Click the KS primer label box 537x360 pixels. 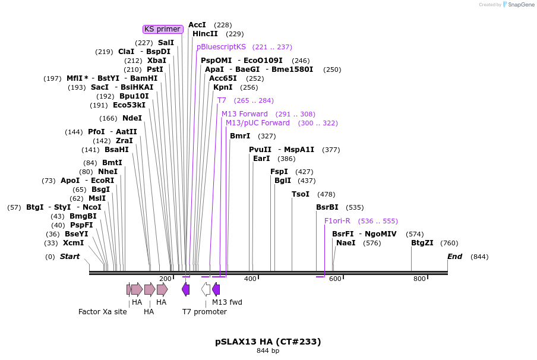pyautogui.click(x=163, y=29)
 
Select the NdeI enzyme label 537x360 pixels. pyautogui.click(x=132, y=118)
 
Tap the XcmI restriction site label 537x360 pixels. pyautogui.click(x=73, y=243)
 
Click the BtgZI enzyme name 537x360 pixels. pyautogui.click(x=422, y=243)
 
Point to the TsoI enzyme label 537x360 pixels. pyautogui.click(x=301, y=194)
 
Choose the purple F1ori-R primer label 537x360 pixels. pyautogui.click(x=337, y=221)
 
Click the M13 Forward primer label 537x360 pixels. pyautogui.click(x=245, y=114)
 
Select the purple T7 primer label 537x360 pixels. pyautogui.click(x=222, y=100)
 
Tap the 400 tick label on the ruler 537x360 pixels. pyautogui.click(x=250, y=279)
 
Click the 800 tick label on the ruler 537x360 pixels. pyautogui.click(x=419, y=279)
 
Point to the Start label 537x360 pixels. pyautogui.click(x=70, y=257)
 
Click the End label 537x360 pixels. pyautogui.click(x=454, y=257)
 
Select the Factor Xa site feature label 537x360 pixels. pyautogui.click(x=103, y=311)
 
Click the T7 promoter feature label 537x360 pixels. pyautogui.click(x=204, y=311)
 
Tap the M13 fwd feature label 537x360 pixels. pyautogui.click(x=227, y=302)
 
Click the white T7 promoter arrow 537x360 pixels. pyautogui.click(x=206, y=289)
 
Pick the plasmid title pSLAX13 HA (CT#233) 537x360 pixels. pyautogui.click(x=268, y=342)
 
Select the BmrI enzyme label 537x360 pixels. pyautogui.click(x=240, y=136)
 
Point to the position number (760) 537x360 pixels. pyautogui.click(x=450, y=243)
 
